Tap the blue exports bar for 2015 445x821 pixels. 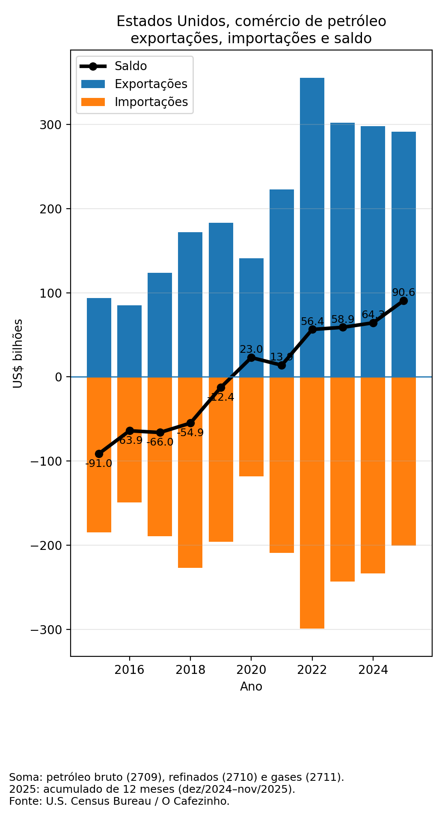pyautogui.click(x=99, y=338)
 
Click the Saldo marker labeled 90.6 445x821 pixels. pyautogui.click(x=403, y=301)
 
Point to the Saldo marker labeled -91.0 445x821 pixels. pyautogui.click(x=99, y=454)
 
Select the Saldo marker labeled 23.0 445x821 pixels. pyautogui.click(x=251, y=357)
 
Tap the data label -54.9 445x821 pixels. pyautogui.click(x=190, y=433)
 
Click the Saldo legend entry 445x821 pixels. pyautogui.click(x=131, y=66)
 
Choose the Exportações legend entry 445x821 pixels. pyautogui.click(x=151, y=84)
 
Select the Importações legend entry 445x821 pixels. pyautogui.click(x=151, y=102)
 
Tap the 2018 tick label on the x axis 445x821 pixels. pyautogui.click(x=190, y=670)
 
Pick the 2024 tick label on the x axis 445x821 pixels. pyautogui.click(x=373, y=670)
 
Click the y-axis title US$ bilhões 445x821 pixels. pyautogui.click(x=18, y=353)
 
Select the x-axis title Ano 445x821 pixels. pyautogui.click(x=251, y=687)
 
